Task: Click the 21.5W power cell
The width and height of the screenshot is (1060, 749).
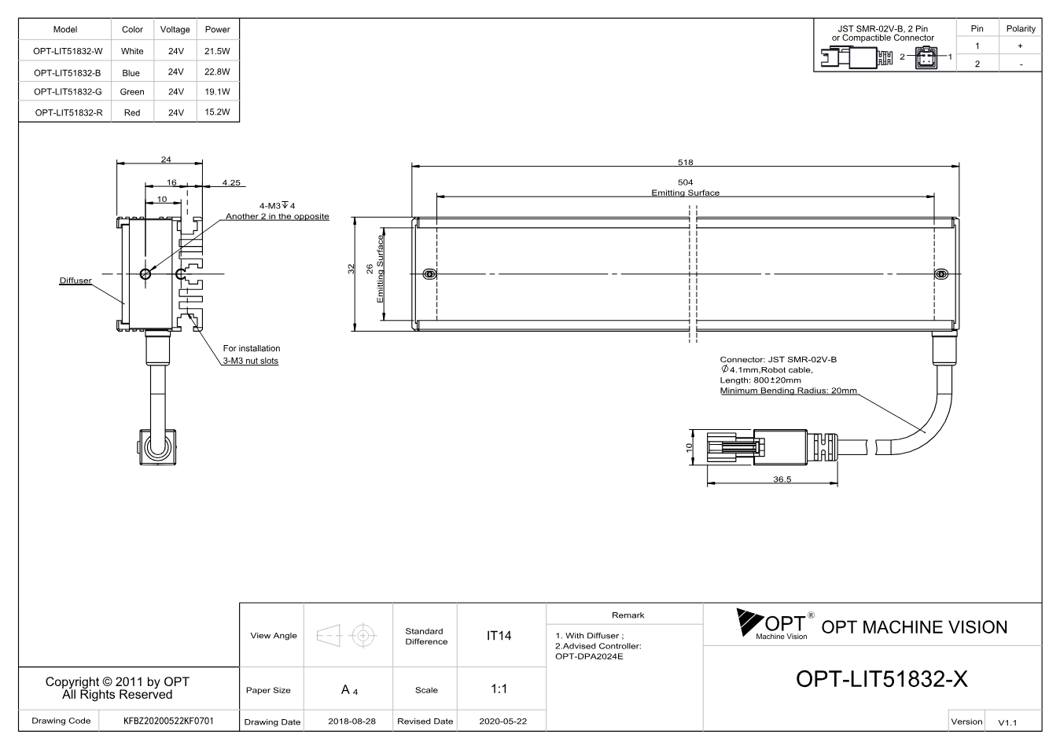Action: (x=217, y=51)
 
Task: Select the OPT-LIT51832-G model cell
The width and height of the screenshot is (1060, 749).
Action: (x=68, y=92)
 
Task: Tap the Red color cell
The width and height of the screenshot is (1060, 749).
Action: (x=132, y=112)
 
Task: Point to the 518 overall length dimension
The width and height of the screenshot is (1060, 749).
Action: (x=685, y=162)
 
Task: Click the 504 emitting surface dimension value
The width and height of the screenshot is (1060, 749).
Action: (x=685, y=182)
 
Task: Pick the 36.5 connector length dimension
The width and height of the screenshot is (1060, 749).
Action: (x=782, y=479)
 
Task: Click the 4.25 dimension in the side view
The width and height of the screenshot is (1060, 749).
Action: (x=231, y=182)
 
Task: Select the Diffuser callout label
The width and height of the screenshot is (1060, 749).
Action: (x=75, y=281)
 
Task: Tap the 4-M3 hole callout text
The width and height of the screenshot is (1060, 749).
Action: (x=278, y=206)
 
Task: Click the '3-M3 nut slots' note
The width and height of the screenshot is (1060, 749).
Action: (x=251, y=361)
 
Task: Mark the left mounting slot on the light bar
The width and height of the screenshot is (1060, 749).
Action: (x=429, y=274)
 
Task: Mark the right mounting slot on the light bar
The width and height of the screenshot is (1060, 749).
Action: (x=942, y=274)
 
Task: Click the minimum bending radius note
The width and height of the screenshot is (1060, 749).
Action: (x=789, y=391)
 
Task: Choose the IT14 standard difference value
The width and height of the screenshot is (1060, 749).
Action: (x=499, y=636)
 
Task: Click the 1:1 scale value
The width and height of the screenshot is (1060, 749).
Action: (x=499, y=689)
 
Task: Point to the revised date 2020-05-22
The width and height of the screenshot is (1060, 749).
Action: (x=502, y=721)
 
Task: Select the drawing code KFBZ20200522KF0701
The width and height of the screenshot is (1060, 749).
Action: (x=168, y=721)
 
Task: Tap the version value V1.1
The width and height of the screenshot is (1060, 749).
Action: (x=1007, y=722)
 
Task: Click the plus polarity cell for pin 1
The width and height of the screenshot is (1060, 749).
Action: (x=1020, y=46)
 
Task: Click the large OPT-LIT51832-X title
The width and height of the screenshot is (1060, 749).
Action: (x=881, y=679)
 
